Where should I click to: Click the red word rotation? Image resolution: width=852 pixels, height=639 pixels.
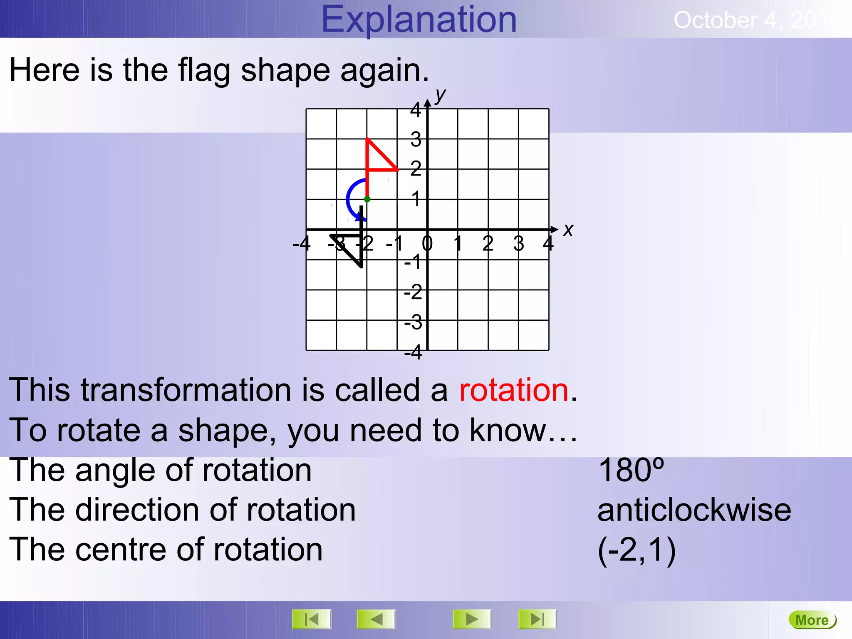(x=513, y=390)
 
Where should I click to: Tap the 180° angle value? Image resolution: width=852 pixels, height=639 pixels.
(x=631, y=470)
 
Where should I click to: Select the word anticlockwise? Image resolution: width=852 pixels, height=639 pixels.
(x=694, y=510)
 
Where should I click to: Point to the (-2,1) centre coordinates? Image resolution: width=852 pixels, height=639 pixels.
(x=637, y=550)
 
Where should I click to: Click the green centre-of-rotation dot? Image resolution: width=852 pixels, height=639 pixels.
(x=367, y=199)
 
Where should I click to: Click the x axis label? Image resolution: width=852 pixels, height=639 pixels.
(x=568, y=230)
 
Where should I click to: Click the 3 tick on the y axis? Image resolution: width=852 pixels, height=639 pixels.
(x=416, y=139)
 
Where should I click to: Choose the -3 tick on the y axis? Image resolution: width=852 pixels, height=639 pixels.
(x=413, y=322)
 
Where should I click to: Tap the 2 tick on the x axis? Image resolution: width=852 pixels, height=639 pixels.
(x=488, y=243)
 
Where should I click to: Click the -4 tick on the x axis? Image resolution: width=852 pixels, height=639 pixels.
(x=302, y=243)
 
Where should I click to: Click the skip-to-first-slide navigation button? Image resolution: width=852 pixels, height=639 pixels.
(x=312, y=619)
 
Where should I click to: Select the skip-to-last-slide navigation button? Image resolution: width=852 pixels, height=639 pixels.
(x=537, y=619)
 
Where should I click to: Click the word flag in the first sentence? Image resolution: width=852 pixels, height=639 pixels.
(x=204, y=70)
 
